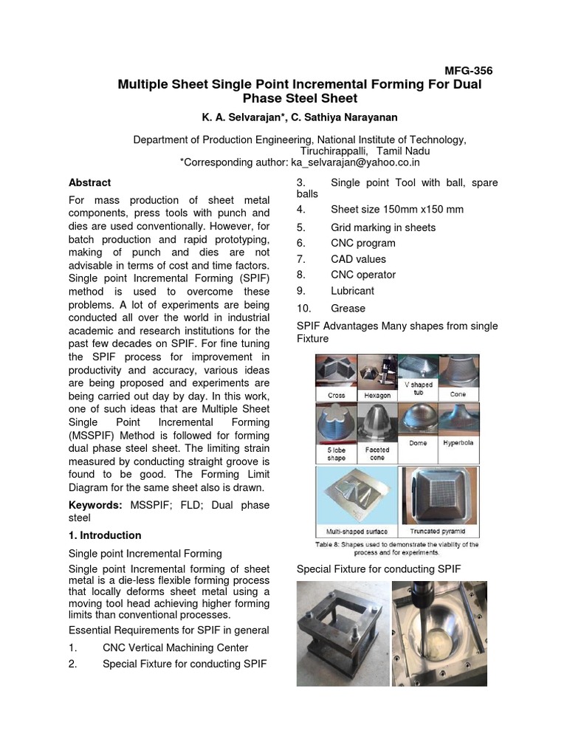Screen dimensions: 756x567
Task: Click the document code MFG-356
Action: point(467,71)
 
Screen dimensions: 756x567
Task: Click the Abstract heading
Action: point(89,182)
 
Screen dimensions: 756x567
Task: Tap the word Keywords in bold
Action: point(94,505)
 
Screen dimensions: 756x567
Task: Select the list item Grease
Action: point(348,308)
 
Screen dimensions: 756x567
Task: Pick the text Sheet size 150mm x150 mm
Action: point(396,209)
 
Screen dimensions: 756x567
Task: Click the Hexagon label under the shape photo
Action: point(377,396)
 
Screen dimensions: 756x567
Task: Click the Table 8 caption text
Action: point(398,548)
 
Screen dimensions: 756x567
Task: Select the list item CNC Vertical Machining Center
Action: point(175,647)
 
